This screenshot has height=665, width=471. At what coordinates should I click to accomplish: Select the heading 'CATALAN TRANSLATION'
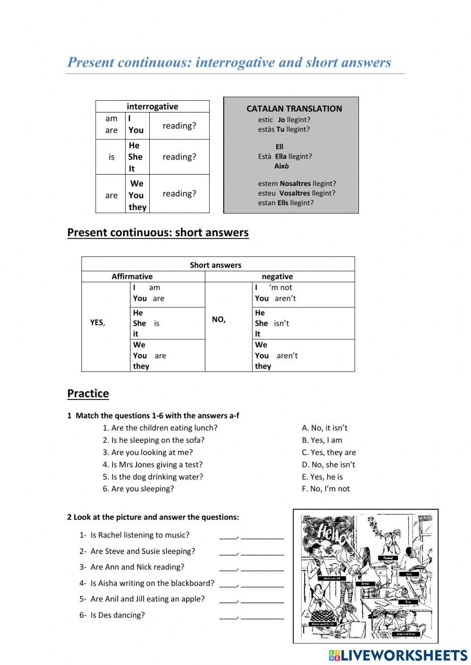pyautogui.click(x=294, y=109)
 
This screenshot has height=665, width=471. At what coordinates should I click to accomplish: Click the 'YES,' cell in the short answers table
pyautogui.click(x=97, y=323)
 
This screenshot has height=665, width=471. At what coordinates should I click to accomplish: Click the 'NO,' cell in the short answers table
pyautogui.click(x=219, y=320)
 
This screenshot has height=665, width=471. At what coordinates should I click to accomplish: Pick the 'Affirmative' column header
pyautogui.click(x=132, y=277)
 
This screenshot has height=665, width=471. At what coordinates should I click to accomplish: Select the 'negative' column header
pyautogui.click(x=277, y=277)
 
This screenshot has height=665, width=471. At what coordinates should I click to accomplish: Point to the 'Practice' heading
pyautogui.click(x=88, y=393)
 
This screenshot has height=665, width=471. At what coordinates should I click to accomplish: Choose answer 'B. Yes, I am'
pyautogui.click(x=322, y=440)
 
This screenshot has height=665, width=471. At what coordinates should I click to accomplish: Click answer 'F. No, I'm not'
pyautogui.click(x=326, y=489)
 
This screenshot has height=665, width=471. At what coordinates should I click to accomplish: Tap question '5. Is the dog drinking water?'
pyautogui.click(x=153, y=476)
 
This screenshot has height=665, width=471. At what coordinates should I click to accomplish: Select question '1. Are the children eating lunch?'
pyautogui.click(x=160, y=428)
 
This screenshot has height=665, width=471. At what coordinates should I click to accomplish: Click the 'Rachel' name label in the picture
pyautogui.click(x=388, y=558)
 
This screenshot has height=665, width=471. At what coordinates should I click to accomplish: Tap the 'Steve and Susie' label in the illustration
pyautogui.click(x=323, y=624)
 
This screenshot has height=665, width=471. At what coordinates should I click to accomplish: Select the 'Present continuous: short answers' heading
pyautogui.click(x=158, y=232)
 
